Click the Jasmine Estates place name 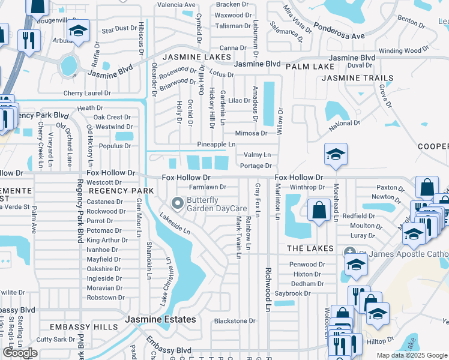pos(160,319)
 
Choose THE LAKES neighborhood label pos(310,248)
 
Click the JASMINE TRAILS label pos(358,78)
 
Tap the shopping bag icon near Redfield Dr pos(319,210)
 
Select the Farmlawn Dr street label pos(208,187)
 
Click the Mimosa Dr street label pos(251,134)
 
